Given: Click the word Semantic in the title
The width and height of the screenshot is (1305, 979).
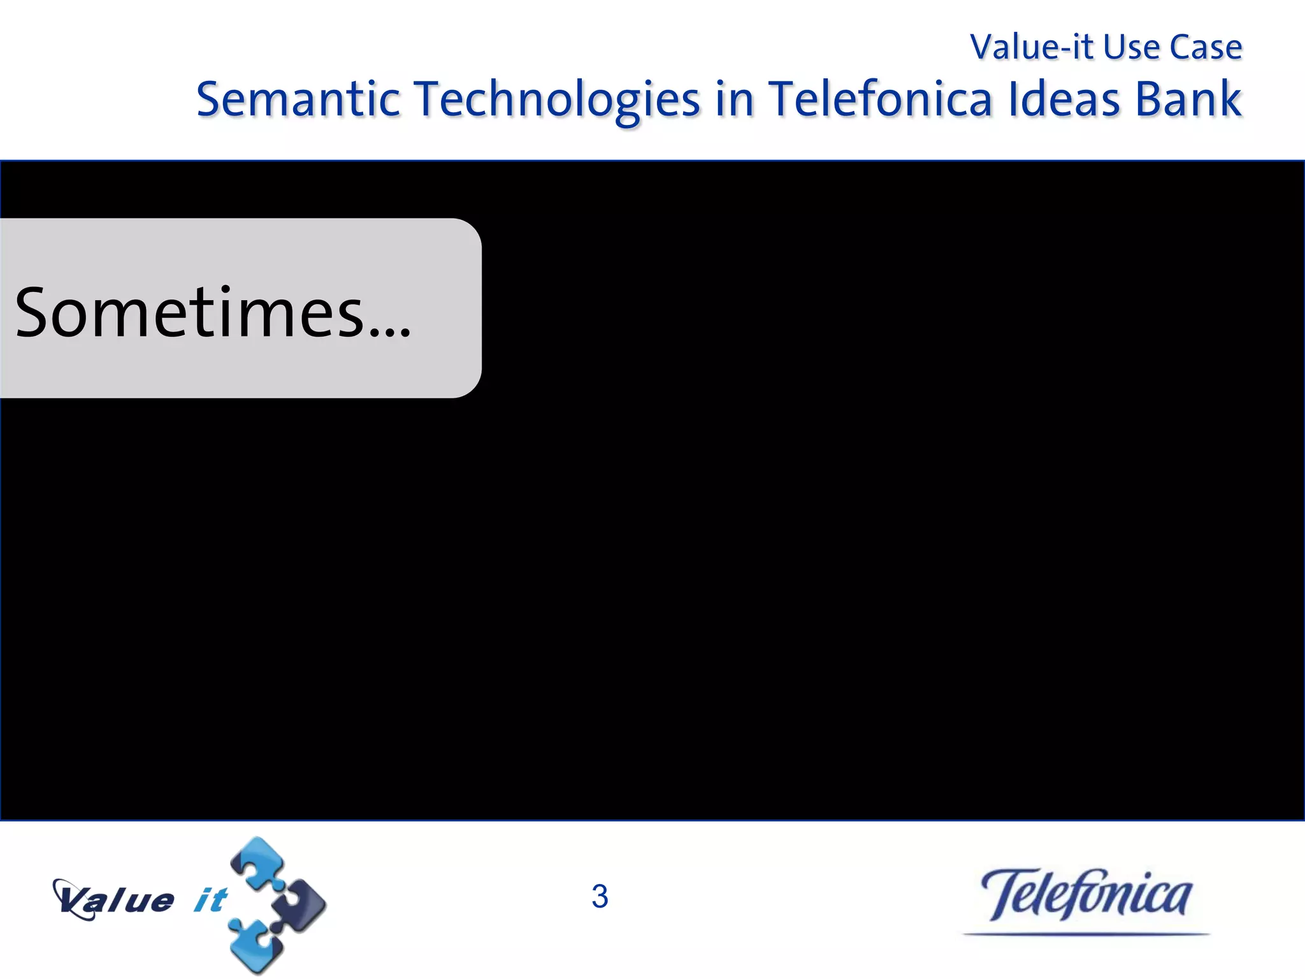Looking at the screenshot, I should tap(298, 100).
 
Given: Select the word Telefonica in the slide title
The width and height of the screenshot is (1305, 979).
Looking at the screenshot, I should tap(880, 100).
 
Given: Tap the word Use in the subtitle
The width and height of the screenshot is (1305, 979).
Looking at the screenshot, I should tap(1132, 47).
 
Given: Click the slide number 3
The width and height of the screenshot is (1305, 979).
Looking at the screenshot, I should tap(600, 896).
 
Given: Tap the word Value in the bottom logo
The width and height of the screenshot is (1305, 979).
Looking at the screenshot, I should tap(115, 900).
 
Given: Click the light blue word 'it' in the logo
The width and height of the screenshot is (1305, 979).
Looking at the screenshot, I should tap(210, 900).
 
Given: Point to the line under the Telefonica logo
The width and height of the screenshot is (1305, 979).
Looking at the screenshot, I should tap(1086, 934).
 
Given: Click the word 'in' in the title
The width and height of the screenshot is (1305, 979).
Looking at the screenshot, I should tap(734, 100).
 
